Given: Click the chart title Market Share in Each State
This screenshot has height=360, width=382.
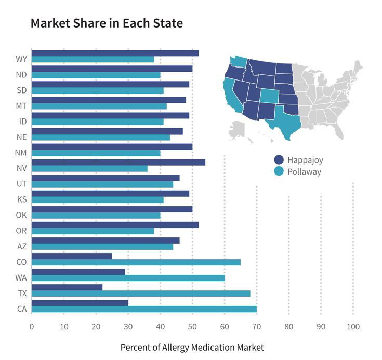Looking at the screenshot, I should pyautogui.click(x=107, y=24).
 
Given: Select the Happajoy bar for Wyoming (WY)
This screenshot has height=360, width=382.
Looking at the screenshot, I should pyautogui.click(x=115, y=53).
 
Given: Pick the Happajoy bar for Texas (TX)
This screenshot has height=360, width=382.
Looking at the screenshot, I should pyautogui.click(x=67, y=287).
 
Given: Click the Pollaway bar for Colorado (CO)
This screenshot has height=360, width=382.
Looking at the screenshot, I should pyautogui.click(x=136, y=262).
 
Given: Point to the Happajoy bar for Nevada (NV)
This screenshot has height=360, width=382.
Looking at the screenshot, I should pyautogui.click(x=118, y=162).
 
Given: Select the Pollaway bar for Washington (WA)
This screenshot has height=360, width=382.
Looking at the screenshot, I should pyautogui.click(x=128, y=278).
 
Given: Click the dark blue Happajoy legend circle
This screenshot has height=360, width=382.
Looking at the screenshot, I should pyautogui.click(x=279, y=159).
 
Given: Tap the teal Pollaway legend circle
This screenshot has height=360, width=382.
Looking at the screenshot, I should pyautogui.click(x=279, y=171).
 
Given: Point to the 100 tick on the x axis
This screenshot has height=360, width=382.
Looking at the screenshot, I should pyautogui.click(x=353, y=327).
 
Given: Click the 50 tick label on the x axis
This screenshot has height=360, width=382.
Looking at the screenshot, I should pyautogui.click(x=192, y=327).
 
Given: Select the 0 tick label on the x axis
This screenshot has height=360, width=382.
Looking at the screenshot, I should pyautogui.click(x=32, y=327).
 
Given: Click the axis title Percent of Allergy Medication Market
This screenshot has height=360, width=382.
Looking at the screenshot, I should pyautogui.click(x=192, y=347).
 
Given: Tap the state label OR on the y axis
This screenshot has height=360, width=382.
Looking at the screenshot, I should pyautogui.click(x=21, y=231).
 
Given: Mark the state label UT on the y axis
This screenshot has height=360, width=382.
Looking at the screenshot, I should pyautogui.click(x=21, y=184).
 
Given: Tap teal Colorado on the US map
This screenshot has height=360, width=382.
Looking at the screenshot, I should pyautogui.click(x=269, y=96).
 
